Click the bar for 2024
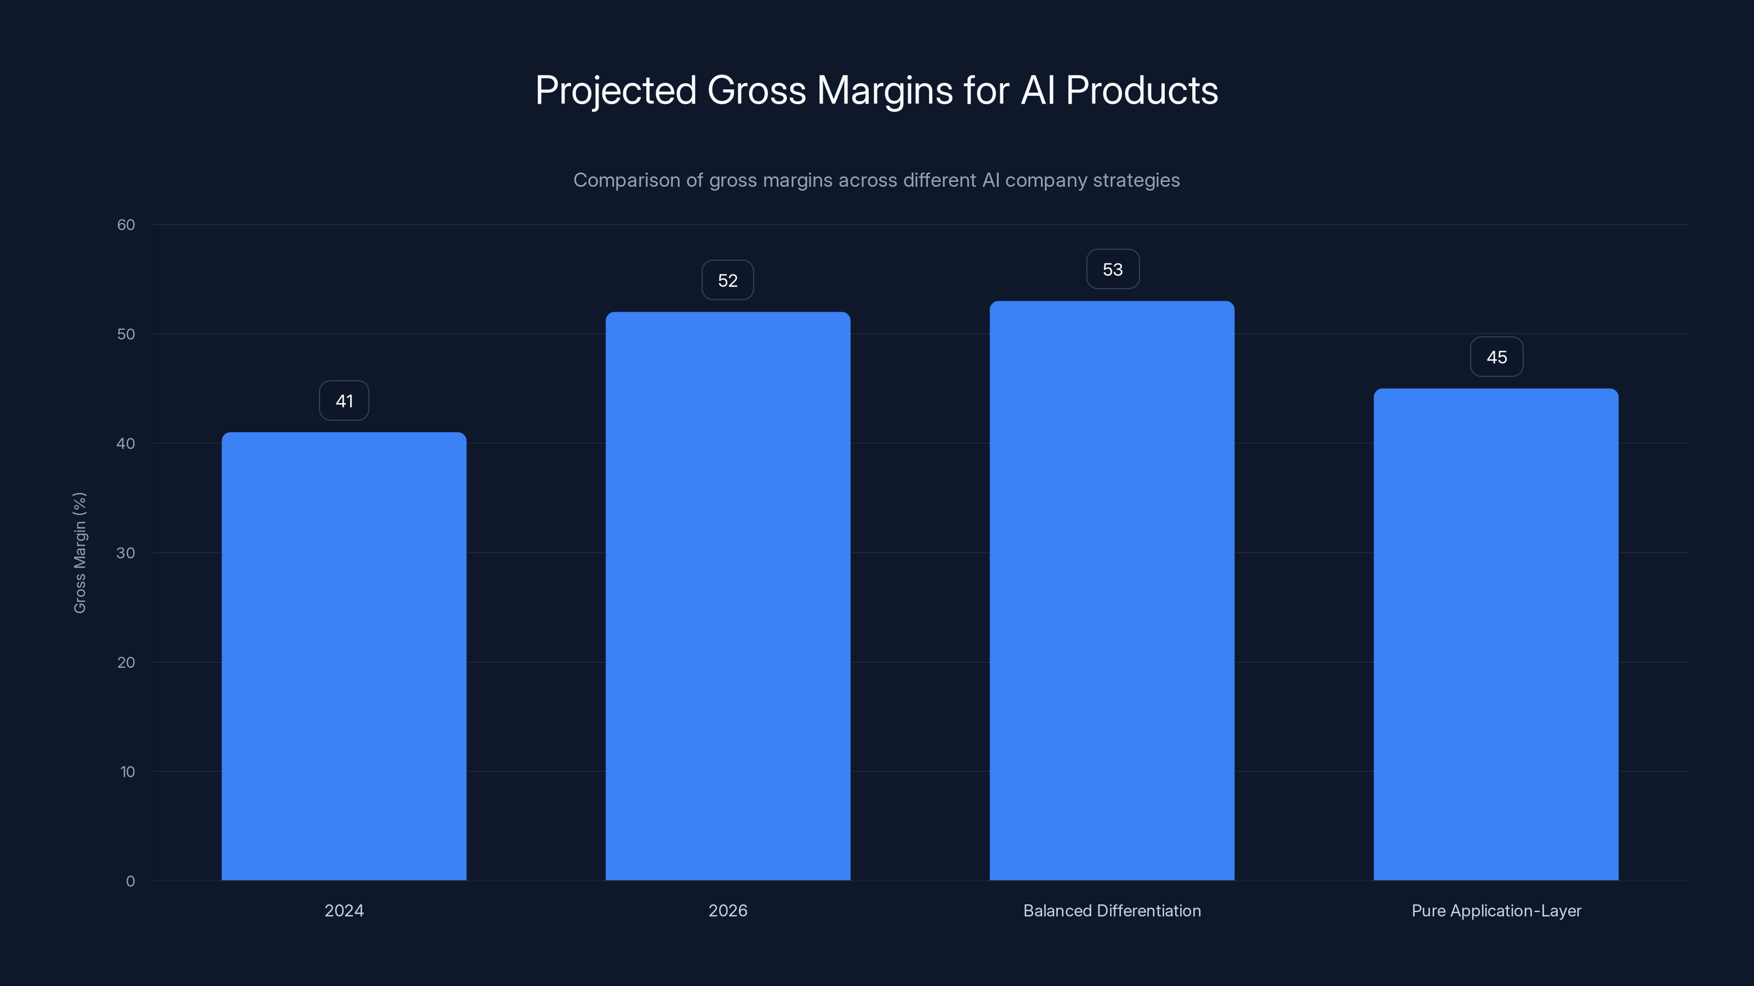(344, 656)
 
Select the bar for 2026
(728, 596)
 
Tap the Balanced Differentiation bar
(1112, 591)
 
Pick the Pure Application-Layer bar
(1496, 634)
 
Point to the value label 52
(728, 280)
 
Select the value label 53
(1113, 270)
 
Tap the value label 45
(1496, 357)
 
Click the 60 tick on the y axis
(126, 225)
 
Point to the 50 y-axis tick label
(126, 334)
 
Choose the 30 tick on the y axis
(126, 553)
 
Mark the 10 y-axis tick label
(127, 772)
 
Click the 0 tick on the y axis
(130, 881)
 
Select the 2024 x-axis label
(344, 910)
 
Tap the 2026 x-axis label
(728, 910)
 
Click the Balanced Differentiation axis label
(1112, 910)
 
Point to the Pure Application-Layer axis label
(1496, 910)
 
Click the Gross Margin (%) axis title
(79, 553)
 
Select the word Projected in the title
(616, 90)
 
